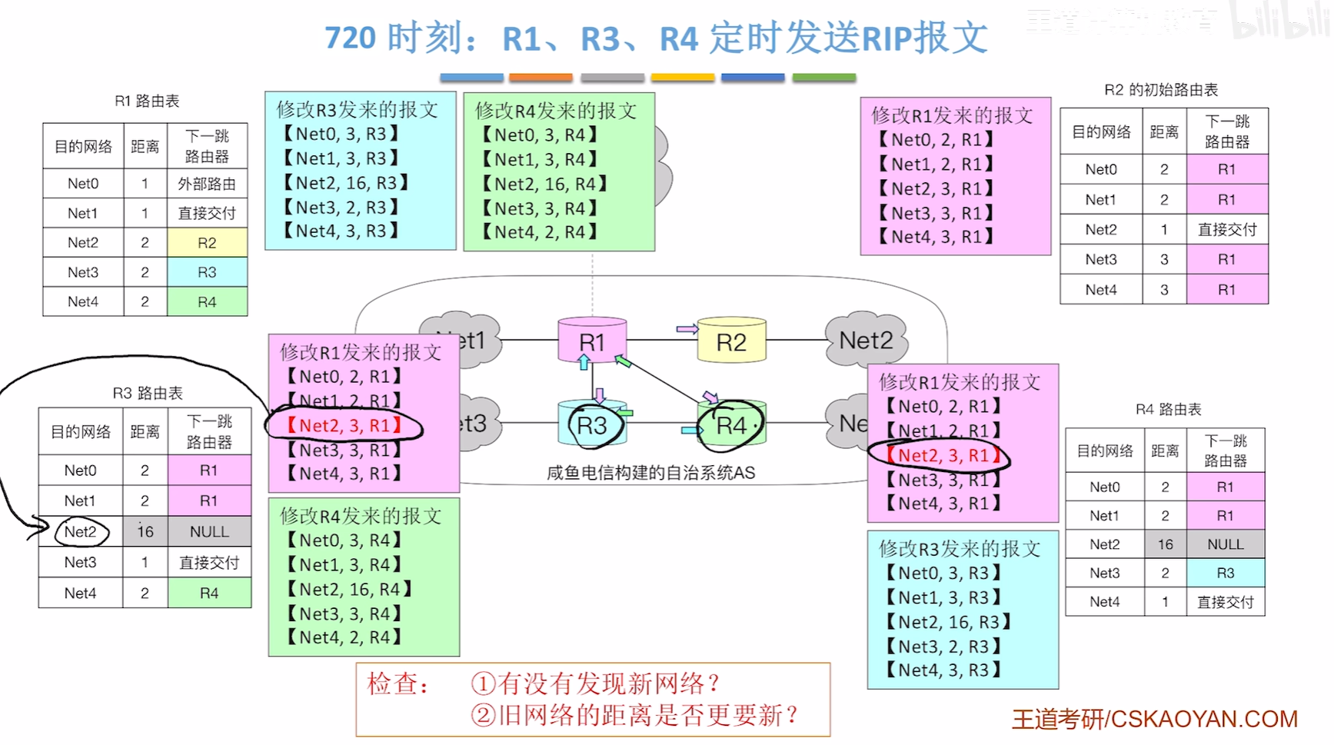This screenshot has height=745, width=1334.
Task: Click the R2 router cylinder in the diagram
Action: point(731,341)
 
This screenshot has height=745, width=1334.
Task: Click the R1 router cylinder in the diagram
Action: point(591,341)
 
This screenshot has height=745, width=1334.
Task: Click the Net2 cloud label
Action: point(866,340)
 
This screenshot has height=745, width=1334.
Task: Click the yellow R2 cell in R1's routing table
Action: point(207,243)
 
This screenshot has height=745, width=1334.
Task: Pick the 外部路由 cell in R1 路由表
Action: point(207,184)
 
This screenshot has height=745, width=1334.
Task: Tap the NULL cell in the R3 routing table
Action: point(209,531)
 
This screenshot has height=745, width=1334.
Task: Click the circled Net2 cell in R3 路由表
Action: point(81,531)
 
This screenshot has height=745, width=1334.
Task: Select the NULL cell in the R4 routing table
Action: point(1225,544)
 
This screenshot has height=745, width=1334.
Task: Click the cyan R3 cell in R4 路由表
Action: point(1225,573)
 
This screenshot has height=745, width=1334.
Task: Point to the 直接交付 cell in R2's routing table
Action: point(1226,229)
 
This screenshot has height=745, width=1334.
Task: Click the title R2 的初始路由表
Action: point(1160,90)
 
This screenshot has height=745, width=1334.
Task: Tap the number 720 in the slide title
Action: point(350,38)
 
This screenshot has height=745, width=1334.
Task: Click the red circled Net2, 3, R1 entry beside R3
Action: point(344,425)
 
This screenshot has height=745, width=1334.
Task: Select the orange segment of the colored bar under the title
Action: point(541,78)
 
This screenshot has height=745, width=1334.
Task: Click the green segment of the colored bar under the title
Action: point(823,78)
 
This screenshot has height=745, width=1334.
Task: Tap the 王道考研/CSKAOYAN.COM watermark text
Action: point(1154,719)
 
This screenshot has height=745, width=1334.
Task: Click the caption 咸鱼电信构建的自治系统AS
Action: point(650,473)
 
